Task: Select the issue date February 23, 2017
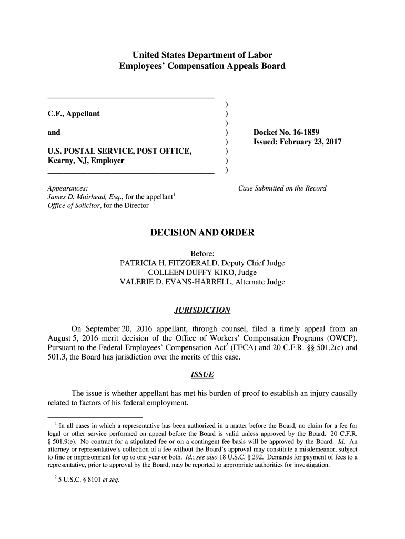[x=314, y=142]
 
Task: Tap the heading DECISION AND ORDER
[x=202, y=233]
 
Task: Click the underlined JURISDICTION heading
[x=202, y=310]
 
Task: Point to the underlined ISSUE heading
[x=202, y=375]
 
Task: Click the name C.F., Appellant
[x=74, y=114]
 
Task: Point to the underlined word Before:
[x=202, y=254]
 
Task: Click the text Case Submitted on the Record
[x=282, y=188]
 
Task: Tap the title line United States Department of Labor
[x=202, y=55]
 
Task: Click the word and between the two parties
[x=54, y=132]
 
